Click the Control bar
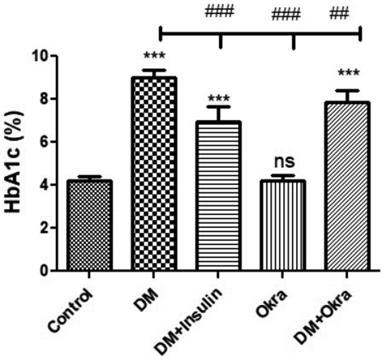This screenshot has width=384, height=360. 89,225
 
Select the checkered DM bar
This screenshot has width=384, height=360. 154,174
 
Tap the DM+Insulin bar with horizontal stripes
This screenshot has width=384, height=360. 220,196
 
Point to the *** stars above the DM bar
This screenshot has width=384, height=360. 154,57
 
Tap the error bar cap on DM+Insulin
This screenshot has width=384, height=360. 220,107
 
